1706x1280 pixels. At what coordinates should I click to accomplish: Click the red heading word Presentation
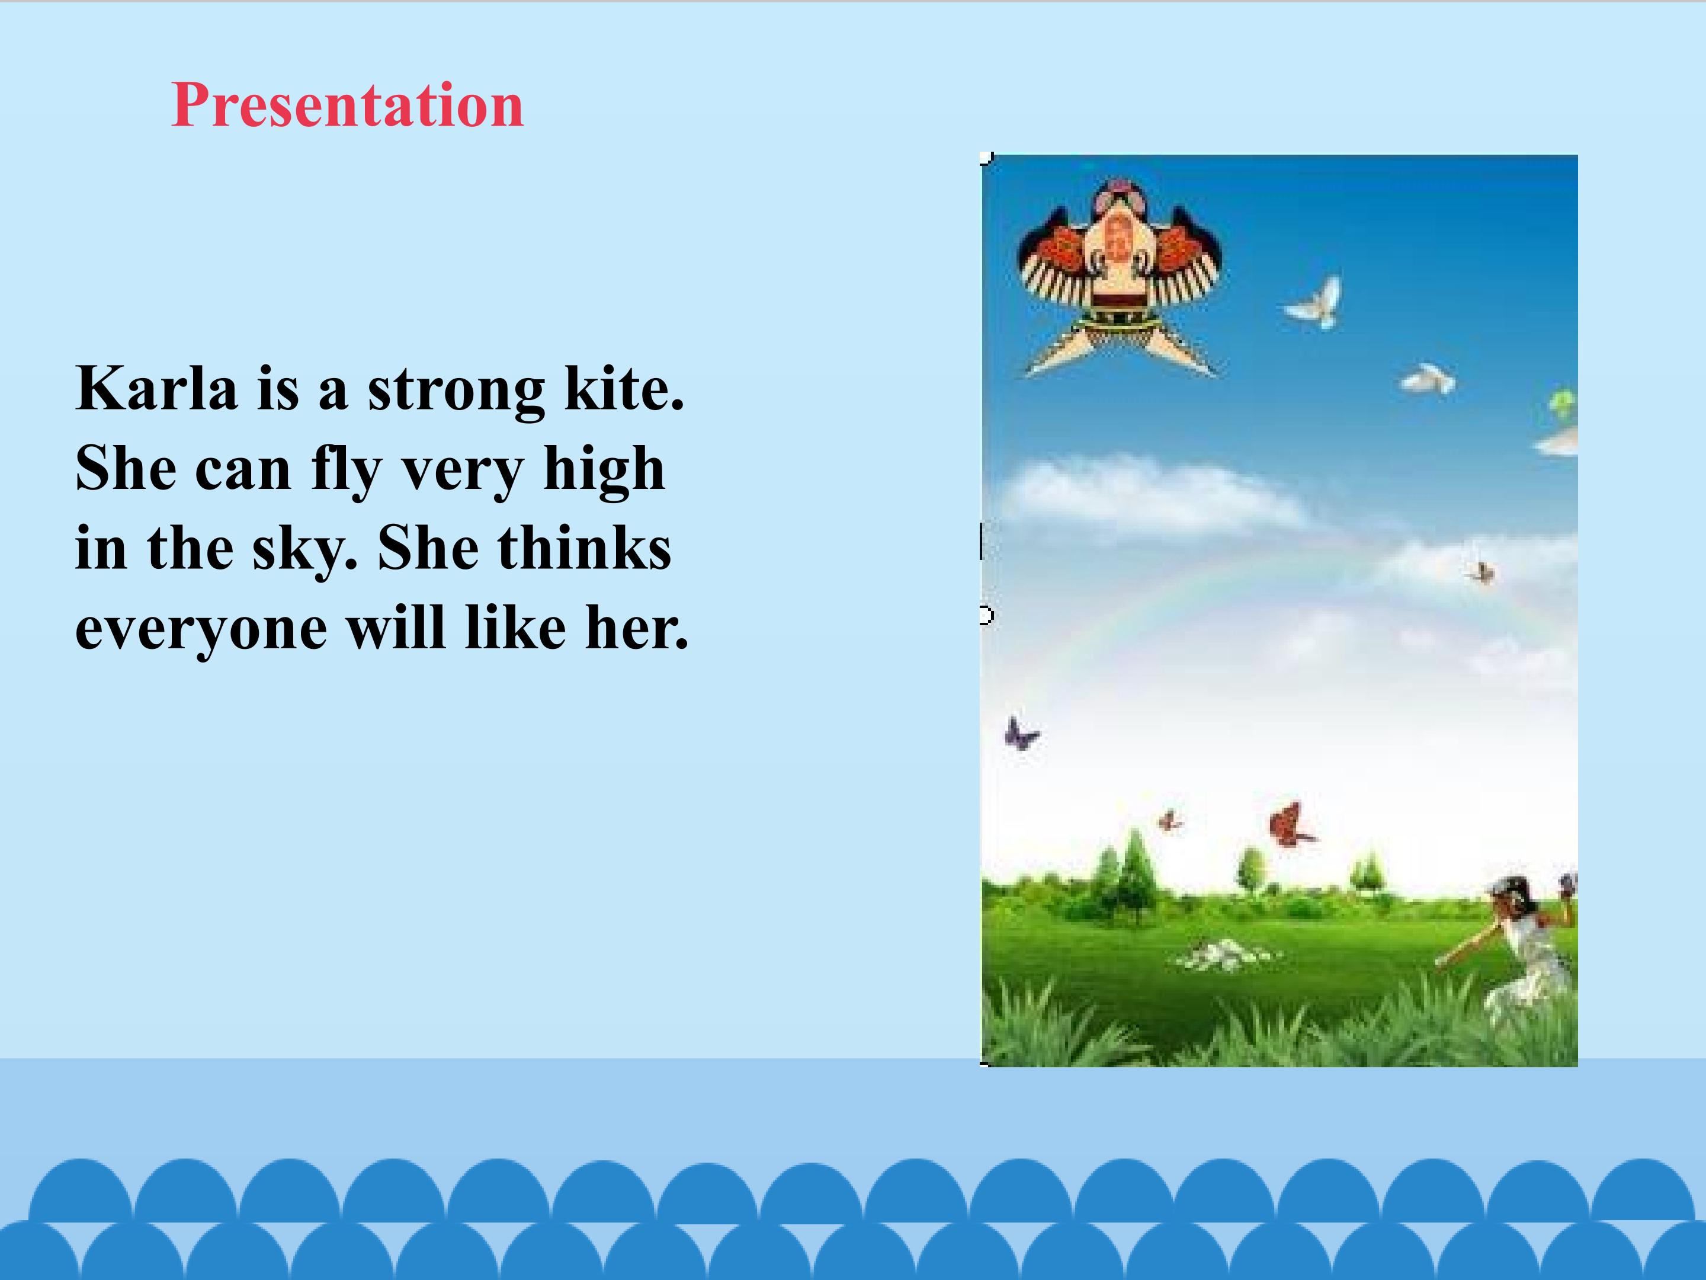(347, 105)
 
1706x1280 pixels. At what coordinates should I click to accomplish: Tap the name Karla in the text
(156, 388)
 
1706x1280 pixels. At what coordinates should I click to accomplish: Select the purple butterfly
(1021, 734)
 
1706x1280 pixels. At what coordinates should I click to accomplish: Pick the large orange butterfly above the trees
(1290, 825)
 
